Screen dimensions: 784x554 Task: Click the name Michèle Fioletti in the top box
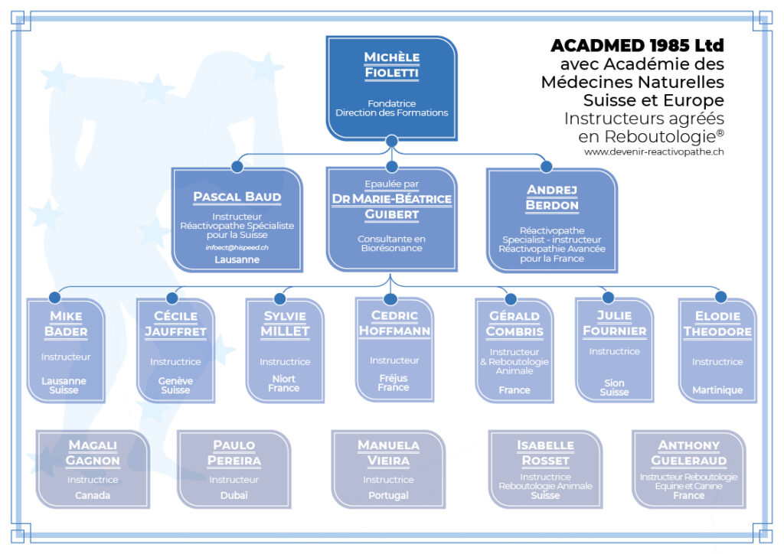(391, 65)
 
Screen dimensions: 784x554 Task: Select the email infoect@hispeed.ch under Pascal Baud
(237, 247)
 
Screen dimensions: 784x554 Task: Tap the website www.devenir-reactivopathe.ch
(654, 152)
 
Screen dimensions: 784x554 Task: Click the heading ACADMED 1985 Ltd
(637, 45)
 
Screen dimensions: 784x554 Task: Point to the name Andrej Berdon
(552, 197)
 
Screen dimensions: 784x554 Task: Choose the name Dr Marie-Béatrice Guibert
(391, 207)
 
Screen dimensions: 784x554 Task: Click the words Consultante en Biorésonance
(391, 243)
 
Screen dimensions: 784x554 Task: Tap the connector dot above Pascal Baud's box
(237, 166)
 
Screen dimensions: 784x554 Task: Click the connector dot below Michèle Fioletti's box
(392, 141)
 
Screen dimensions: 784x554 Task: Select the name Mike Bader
(66, 324)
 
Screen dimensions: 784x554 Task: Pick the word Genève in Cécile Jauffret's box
(175, 380)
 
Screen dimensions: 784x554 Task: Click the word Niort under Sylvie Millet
(283, 379)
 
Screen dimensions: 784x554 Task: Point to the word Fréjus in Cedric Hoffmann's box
(394, 378)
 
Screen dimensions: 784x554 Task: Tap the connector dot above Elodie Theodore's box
(721, 297)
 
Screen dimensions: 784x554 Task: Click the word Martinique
(717, 390)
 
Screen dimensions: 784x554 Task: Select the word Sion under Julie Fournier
(614, 383)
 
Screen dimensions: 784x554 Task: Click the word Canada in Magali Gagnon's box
(93, 495)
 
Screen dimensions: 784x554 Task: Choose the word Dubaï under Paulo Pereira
(234, 495)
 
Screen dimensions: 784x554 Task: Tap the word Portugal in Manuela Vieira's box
(388, 495)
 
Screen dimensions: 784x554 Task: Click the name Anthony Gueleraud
(688, 452)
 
